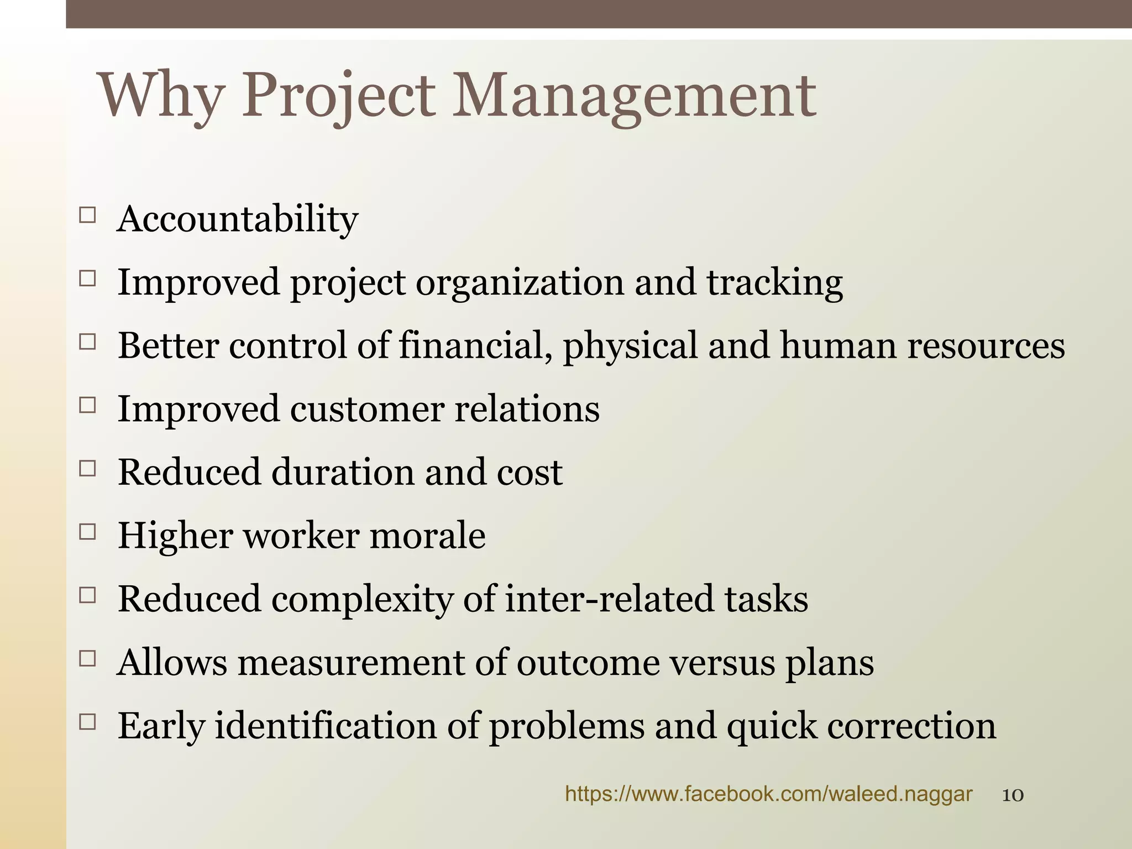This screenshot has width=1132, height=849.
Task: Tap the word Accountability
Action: coord(238,219)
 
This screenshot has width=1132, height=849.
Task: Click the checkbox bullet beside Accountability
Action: coord(87,214)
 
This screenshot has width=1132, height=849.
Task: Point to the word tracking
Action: coord(774,283)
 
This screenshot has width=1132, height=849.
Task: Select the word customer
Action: coord(367,409)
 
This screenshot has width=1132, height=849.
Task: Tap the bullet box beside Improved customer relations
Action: coord(87,405)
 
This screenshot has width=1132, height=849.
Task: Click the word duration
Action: coord(343,473)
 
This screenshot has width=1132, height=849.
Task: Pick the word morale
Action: coord(427,536)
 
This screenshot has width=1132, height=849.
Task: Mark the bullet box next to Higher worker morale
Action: coord(87,532)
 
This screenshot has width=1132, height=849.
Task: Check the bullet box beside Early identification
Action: coord(87,721)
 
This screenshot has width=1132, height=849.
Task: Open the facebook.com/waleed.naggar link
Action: coord(768,794)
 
